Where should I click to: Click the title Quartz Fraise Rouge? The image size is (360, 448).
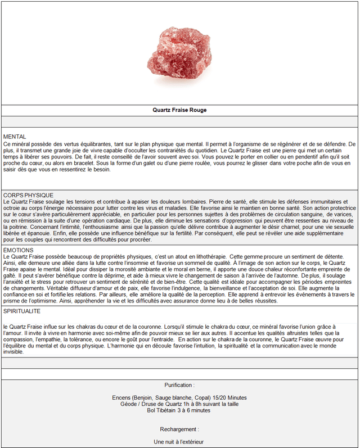[179, 110]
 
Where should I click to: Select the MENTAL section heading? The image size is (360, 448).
[15, 137]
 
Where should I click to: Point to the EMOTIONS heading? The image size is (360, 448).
[18, 250]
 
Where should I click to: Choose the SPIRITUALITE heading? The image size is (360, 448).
[22, 311]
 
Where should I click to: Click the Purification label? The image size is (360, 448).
[179, 385]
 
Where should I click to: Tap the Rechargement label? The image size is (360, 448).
[179, 429]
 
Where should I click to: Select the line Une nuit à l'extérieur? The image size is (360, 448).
[179, 442]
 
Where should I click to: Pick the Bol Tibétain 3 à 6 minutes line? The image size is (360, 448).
[179, 410]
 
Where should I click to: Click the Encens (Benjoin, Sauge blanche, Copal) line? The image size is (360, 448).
[179, 398]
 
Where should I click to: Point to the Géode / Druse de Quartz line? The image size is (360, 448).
[179, 404]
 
